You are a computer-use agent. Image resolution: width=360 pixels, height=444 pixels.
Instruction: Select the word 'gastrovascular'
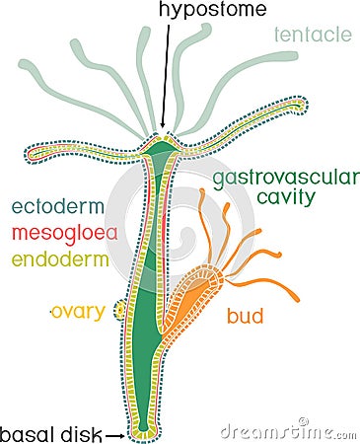pyautogui.click(x=281, y=181)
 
